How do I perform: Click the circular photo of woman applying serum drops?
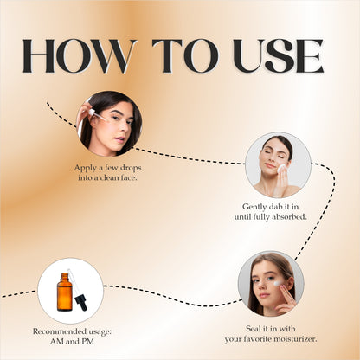point(109,123)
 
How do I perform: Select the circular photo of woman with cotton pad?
point(278,164)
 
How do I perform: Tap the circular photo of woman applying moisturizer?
point(271,283)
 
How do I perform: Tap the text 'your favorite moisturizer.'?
point(271,338)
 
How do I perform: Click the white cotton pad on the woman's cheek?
point(281,167)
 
